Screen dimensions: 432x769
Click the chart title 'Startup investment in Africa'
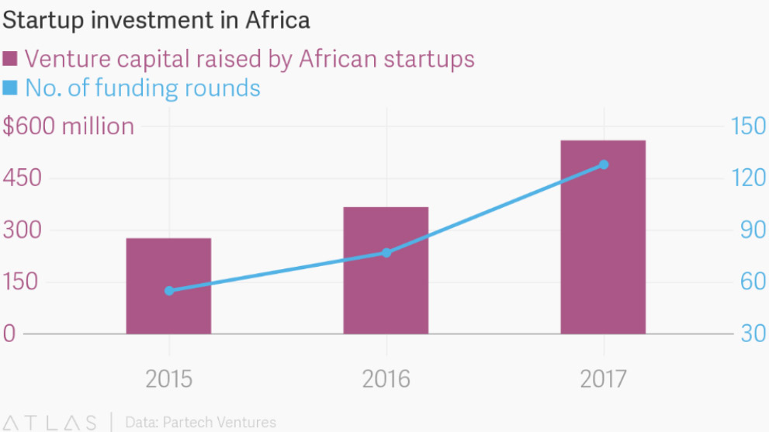click(x=156, y=20)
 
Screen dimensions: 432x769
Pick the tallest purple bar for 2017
click(x=603, y=237)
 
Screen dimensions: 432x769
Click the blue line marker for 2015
click(x=169, y=291)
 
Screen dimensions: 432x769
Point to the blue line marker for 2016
click(x=386, y=253)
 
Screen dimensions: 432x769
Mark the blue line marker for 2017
click(x=604, y=164)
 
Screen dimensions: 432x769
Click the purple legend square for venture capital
click(x=11, y=59)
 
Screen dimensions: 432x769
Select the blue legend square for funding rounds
click(x=11, y=88)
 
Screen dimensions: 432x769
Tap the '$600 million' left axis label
click(x=68, y=126)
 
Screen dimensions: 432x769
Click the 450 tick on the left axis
click(x=21, y=178)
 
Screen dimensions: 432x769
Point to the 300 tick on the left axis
click(x=21, y=230)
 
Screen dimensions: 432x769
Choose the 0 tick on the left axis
click(x=9, y=334)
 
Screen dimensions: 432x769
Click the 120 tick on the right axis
click(x=748, y=178)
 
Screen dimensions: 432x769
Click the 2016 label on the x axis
click(x=386, y=380)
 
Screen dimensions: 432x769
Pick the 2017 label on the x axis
click(x=603, y=380)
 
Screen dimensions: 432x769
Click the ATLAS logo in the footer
click(x=50, y=423)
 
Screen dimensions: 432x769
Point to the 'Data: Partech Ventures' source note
click(x=200, y=423)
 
